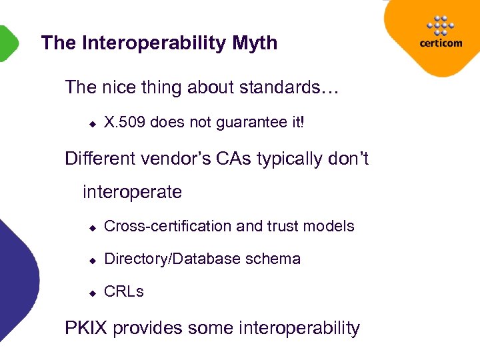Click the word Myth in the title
coord(255,44)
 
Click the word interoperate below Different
coord(132,193)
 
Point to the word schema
coord(276,259)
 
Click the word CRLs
coord(124,291)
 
